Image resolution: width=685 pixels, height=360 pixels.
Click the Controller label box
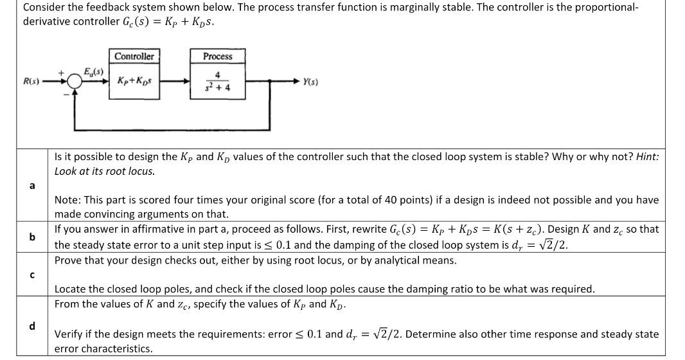(134, 57)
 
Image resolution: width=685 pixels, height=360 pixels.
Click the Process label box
(218, 57)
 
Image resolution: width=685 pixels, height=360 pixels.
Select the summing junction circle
(75, 82)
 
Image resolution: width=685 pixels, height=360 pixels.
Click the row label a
(31, 186)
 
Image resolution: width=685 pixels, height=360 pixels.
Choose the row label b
(31, 237)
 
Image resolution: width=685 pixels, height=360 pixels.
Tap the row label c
(31, 275)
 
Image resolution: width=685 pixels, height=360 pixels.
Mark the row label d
(31, 326)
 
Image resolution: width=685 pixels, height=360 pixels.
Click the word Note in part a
(66, 200)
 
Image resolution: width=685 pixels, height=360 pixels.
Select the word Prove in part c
(69, 260)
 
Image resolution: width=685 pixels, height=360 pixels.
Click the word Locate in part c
(71, 289)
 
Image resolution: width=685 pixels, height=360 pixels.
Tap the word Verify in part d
(69, 334)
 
